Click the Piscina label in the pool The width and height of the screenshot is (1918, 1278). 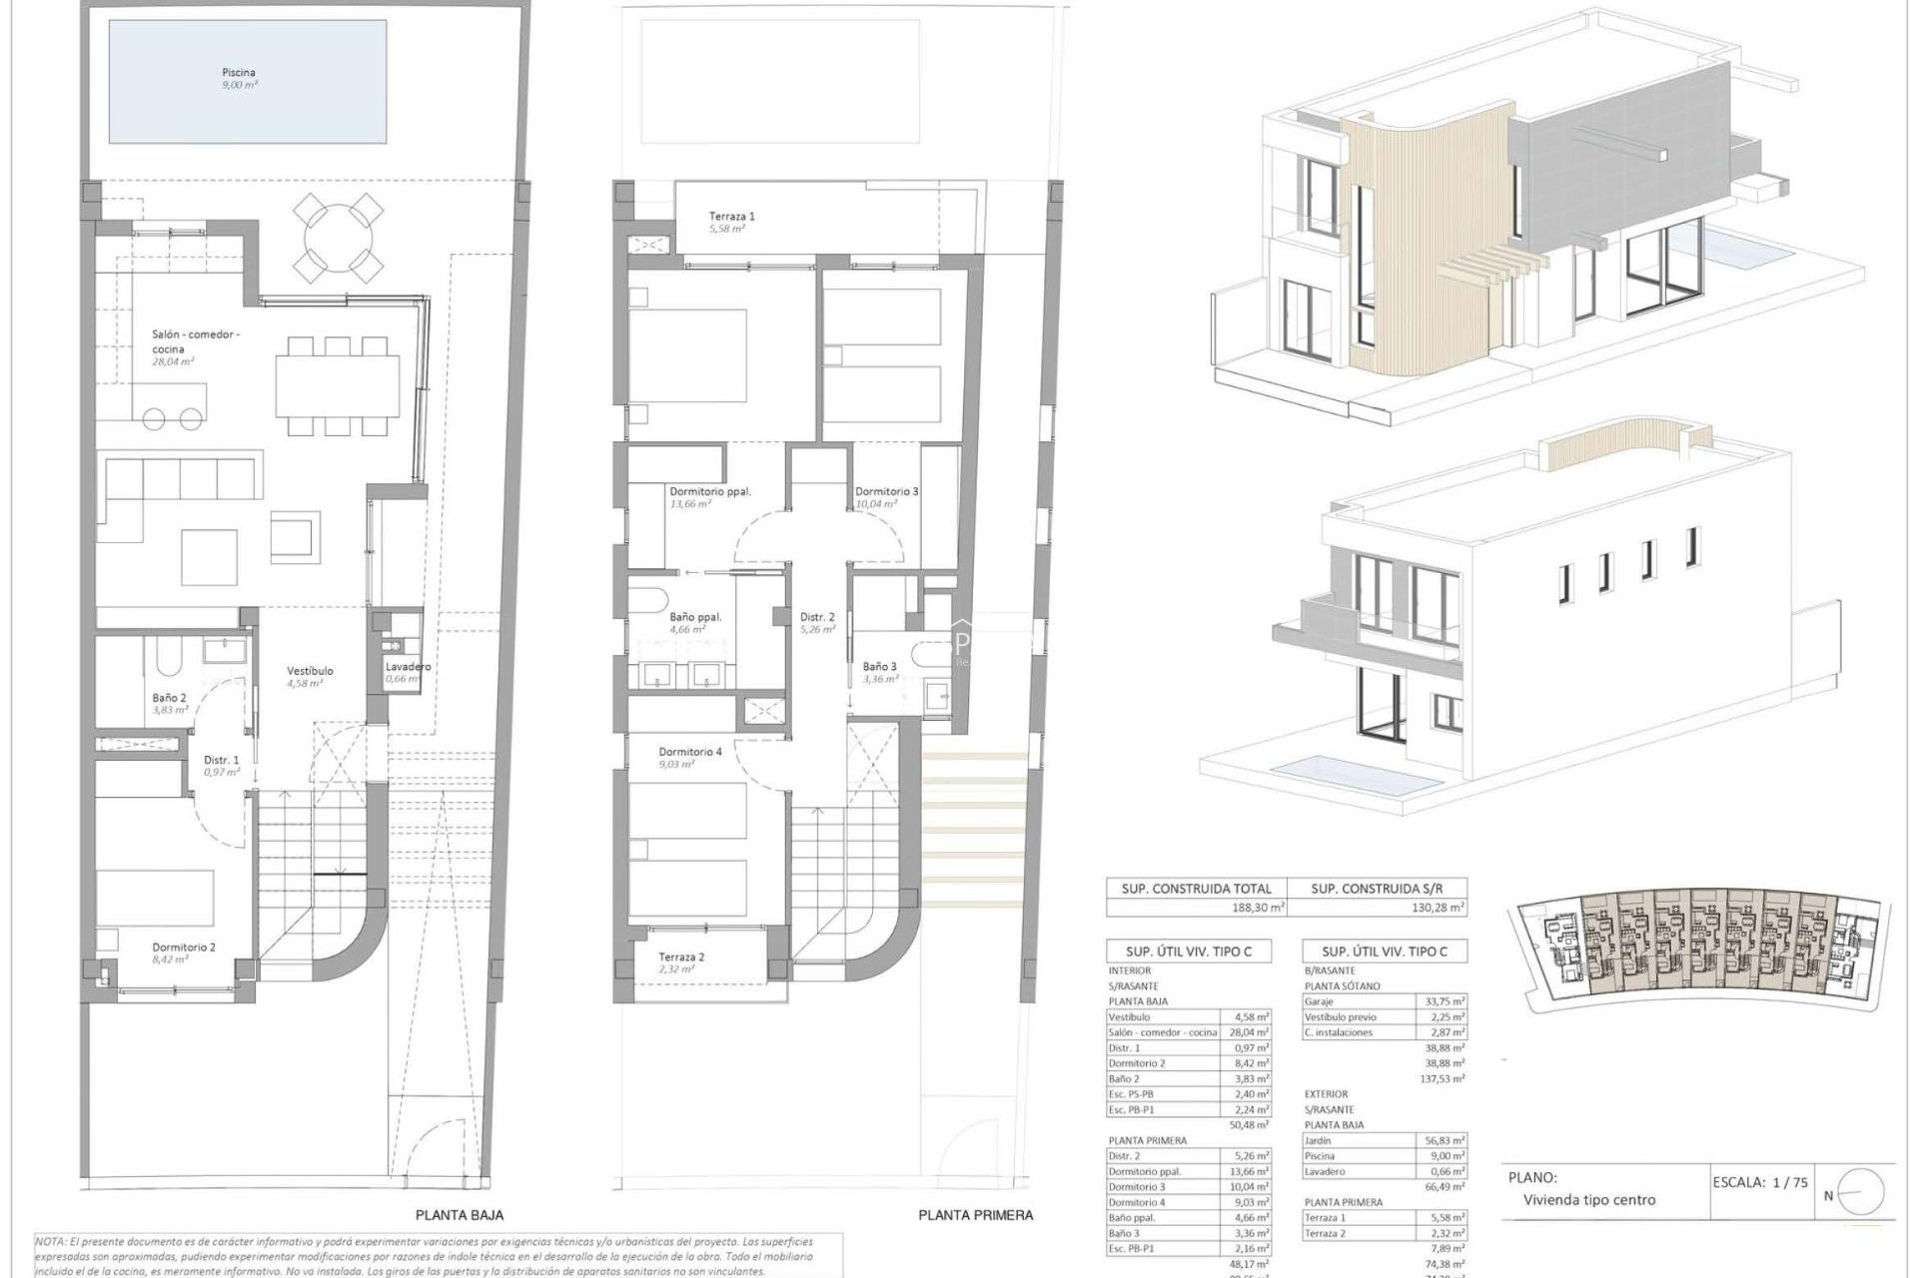pos(239,73)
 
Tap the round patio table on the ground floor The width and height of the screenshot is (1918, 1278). pos(339,240)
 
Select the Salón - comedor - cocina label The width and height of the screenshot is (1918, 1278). pos(196,341)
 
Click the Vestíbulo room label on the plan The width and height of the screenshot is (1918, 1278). pos(310,671)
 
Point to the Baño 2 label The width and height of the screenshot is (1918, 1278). pos(169,698)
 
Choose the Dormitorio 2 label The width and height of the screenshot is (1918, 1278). pos(184,948)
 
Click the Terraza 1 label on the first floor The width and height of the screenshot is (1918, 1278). pos(732,216)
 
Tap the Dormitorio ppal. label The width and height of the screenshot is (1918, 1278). pos(710,491)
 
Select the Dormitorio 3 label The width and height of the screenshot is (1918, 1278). pos(886,491)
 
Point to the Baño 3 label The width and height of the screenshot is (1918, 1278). pos(880,666)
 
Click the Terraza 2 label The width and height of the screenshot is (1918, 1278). pos(681,957)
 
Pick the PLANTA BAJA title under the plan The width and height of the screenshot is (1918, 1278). pos(460,1215)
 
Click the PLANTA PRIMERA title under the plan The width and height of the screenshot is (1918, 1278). pos(976,1215)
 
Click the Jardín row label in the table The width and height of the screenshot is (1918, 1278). pos(1319,1140)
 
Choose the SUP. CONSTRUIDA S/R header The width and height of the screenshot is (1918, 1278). pos(1376,888)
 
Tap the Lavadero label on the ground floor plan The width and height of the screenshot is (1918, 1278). pos(408,667)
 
